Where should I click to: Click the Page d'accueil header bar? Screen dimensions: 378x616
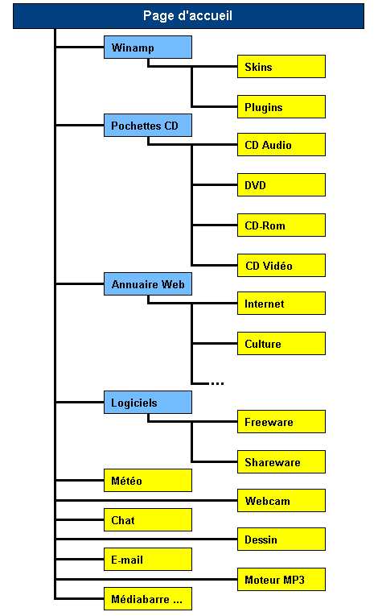[188, 16]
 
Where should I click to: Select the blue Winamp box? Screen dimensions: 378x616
[148, 48]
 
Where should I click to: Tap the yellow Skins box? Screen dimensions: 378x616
[281, 66]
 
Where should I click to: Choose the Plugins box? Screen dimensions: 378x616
[281, 106]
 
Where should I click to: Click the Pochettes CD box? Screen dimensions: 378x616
[148, 126]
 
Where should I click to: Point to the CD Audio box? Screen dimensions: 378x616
[281, 145]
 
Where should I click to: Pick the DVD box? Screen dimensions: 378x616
[281, 184]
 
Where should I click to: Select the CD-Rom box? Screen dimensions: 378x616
[281, 225]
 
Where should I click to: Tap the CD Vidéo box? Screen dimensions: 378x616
[281, 265]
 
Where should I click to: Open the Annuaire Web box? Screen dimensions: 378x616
[148, 283]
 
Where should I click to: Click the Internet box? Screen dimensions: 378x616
[281, 304]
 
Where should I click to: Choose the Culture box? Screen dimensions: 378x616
[281, 343]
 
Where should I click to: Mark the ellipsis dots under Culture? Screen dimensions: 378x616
[217, 383]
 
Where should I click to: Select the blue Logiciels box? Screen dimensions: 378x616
[148, 403]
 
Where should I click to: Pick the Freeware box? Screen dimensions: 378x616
[281, 421]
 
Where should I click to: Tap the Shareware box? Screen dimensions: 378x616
[281, 461]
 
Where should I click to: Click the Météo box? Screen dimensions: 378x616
[148, 480]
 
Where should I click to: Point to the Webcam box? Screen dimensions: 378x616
[281, 501]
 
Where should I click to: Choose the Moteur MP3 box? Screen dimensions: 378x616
[281, 579]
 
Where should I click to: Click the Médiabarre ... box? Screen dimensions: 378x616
[148, 599]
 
